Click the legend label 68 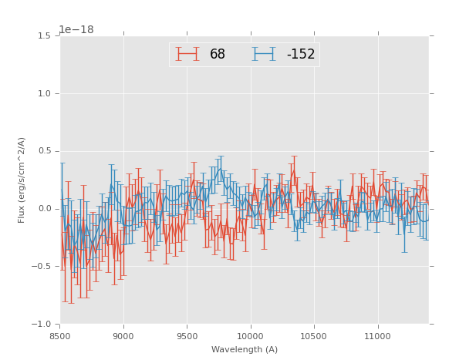tap(218, 54)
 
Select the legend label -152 tap(301, 54)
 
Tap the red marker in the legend tap(187, 54)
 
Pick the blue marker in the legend tap(264, 54)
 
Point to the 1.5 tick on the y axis tap(43, 35)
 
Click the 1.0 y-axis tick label tap(43, 93)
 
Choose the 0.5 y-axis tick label tap(43, 151)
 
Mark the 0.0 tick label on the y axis tap(43, 209)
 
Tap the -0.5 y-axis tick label tap(42, 266)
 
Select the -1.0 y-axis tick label tap(42, 324)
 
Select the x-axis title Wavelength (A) tap(245, 350)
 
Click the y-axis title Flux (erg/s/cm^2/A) tap(22, 180)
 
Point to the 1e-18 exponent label tap(77, 29)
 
